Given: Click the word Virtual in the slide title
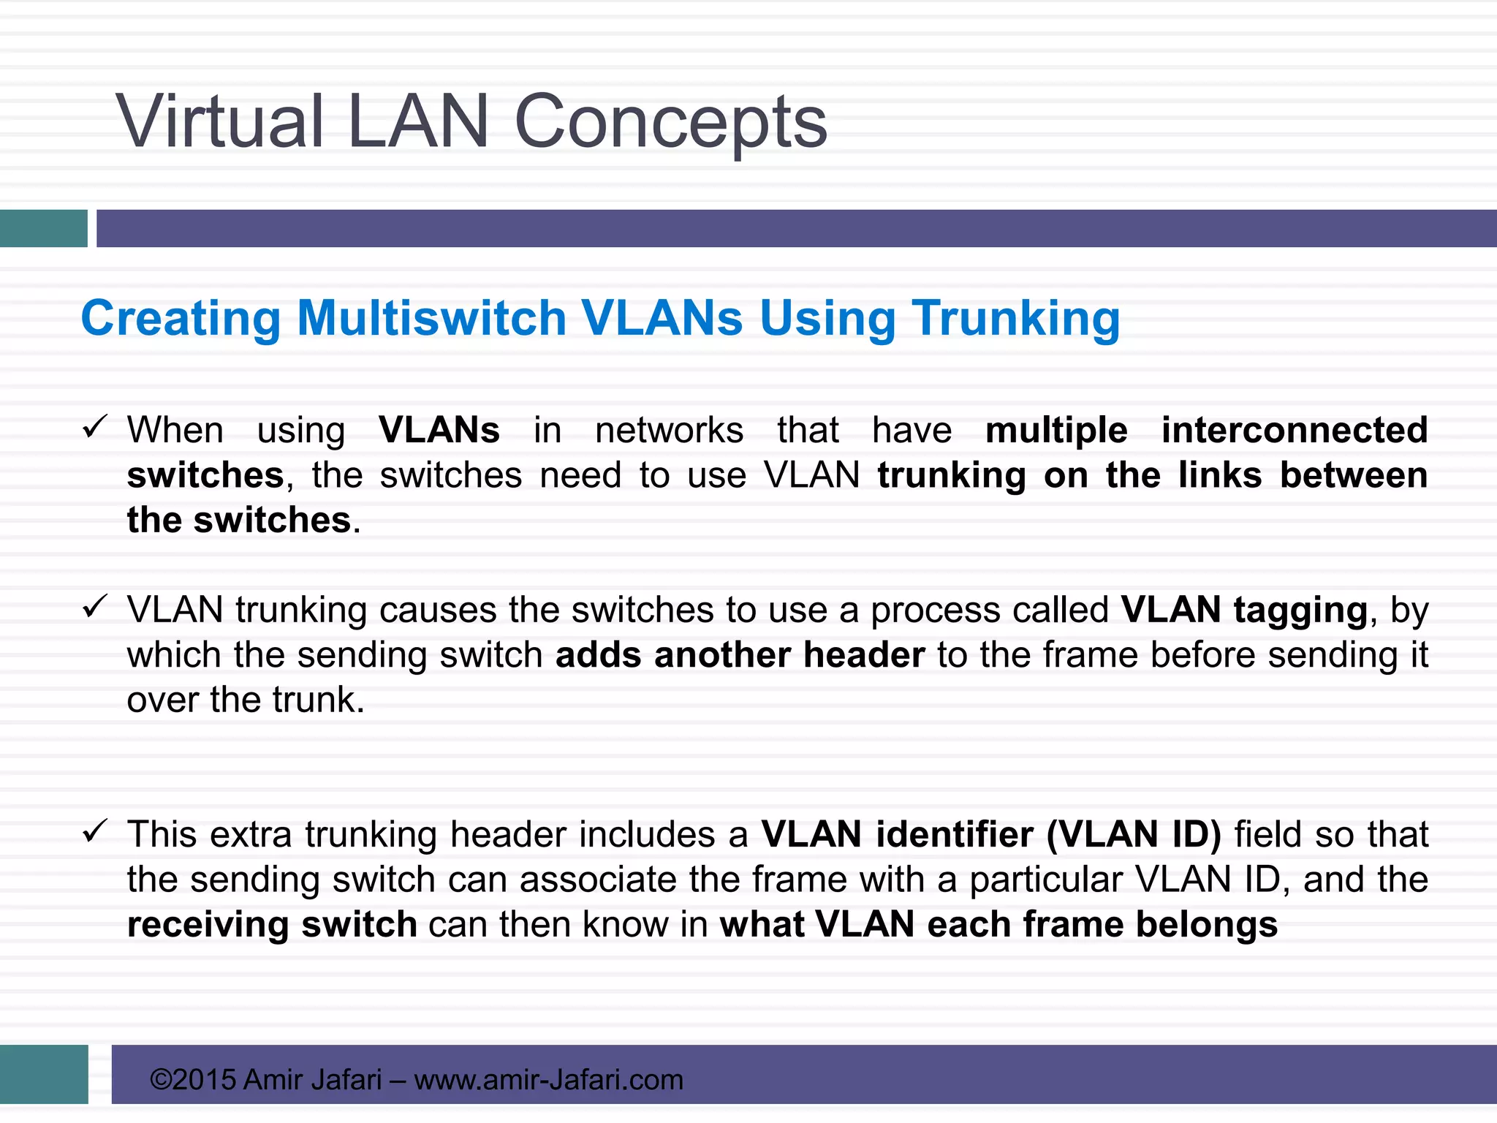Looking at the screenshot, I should click(219, 121).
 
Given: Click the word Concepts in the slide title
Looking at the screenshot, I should click(670, 123).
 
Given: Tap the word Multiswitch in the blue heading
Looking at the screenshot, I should click(431, 319).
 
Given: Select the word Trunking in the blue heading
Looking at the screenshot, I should click(1015, 319).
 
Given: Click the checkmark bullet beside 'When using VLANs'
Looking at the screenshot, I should click(95, 426).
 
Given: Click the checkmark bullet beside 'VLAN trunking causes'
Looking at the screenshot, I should click(95, 606).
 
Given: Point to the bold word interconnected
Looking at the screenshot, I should click(1294, 430).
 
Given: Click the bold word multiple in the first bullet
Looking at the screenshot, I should click(1056, 430).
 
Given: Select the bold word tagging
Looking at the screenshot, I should click(1300, 610).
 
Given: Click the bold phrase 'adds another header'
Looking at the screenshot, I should click(740, 655).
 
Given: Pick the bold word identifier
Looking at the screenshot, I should click(955, 835).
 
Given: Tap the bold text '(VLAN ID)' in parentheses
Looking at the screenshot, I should click(1134, 835).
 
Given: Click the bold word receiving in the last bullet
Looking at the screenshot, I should click(208, 925).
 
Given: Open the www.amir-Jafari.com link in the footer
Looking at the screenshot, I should click(548, 1080).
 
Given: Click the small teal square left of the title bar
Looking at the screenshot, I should click(43, 228).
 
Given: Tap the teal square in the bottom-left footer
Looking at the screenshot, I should click(44, 1074).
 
